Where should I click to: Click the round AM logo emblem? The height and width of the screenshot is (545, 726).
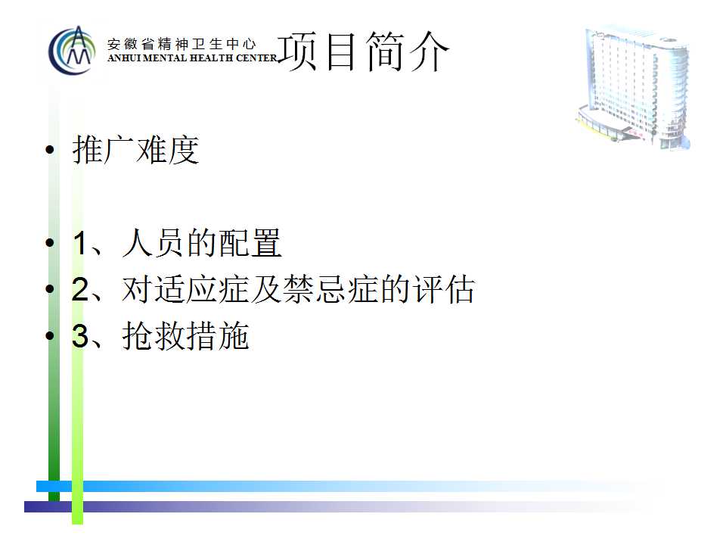73,50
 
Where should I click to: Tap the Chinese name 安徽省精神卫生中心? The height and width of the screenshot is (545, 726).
181,44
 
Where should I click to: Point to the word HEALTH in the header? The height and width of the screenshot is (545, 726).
212,58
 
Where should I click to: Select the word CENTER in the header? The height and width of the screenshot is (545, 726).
256,58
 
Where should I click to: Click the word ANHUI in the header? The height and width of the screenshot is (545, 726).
125,58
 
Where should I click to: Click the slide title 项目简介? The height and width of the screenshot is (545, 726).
364,51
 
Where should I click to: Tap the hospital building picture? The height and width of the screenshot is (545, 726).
633,86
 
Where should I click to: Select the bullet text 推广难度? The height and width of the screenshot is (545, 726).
135,150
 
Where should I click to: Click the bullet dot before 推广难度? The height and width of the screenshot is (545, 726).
50,150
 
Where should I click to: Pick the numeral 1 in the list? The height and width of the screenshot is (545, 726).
80,243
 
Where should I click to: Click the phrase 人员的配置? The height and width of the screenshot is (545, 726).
202,242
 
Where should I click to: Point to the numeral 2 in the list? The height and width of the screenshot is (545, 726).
81,289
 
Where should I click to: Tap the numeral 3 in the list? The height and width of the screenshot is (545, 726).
81,336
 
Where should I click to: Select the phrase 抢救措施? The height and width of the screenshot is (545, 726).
186,335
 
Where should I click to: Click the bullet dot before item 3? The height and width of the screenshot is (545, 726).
50,335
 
